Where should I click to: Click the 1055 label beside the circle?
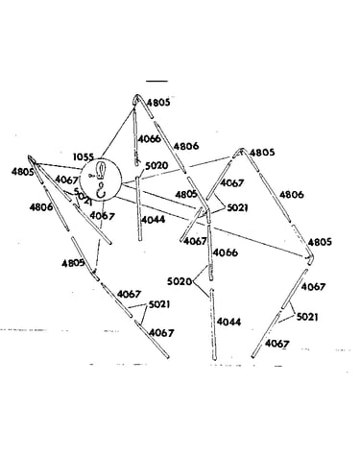(x=84, y=157)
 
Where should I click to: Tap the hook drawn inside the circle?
(x=102, y=190)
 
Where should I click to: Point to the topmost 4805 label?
(x=158, y=103)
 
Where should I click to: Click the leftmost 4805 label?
(x=22, y=172)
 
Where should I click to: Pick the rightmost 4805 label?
(x=320, y=242)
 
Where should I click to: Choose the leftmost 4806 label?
(x=41, y=207)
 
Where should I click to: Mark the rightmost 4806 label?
(x=291, y=195)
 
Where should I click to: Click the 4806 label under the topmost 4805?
(x=186, y=146)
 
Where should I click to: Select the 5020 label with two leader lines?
(x=180, y=281)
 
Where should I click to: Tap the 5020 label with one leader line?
(x=156, y=166)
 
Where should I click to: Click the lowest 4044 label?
(x=228, y=322)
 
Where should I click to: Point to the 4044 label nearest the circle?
(x=153, y=220)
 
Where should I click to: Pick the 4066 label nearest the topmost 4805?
(x=150, y=139)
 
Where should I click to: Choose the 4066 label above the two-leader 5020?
(x=226, y=252)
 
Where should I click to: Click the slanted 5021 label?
(x=83, y=197)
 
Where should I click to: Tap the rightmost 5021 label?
(x=307, y=317)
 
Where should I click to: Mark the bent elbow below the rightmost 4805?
(x=310, y=259)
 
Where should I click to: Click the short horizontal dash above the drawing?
(x=156, y=82)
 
